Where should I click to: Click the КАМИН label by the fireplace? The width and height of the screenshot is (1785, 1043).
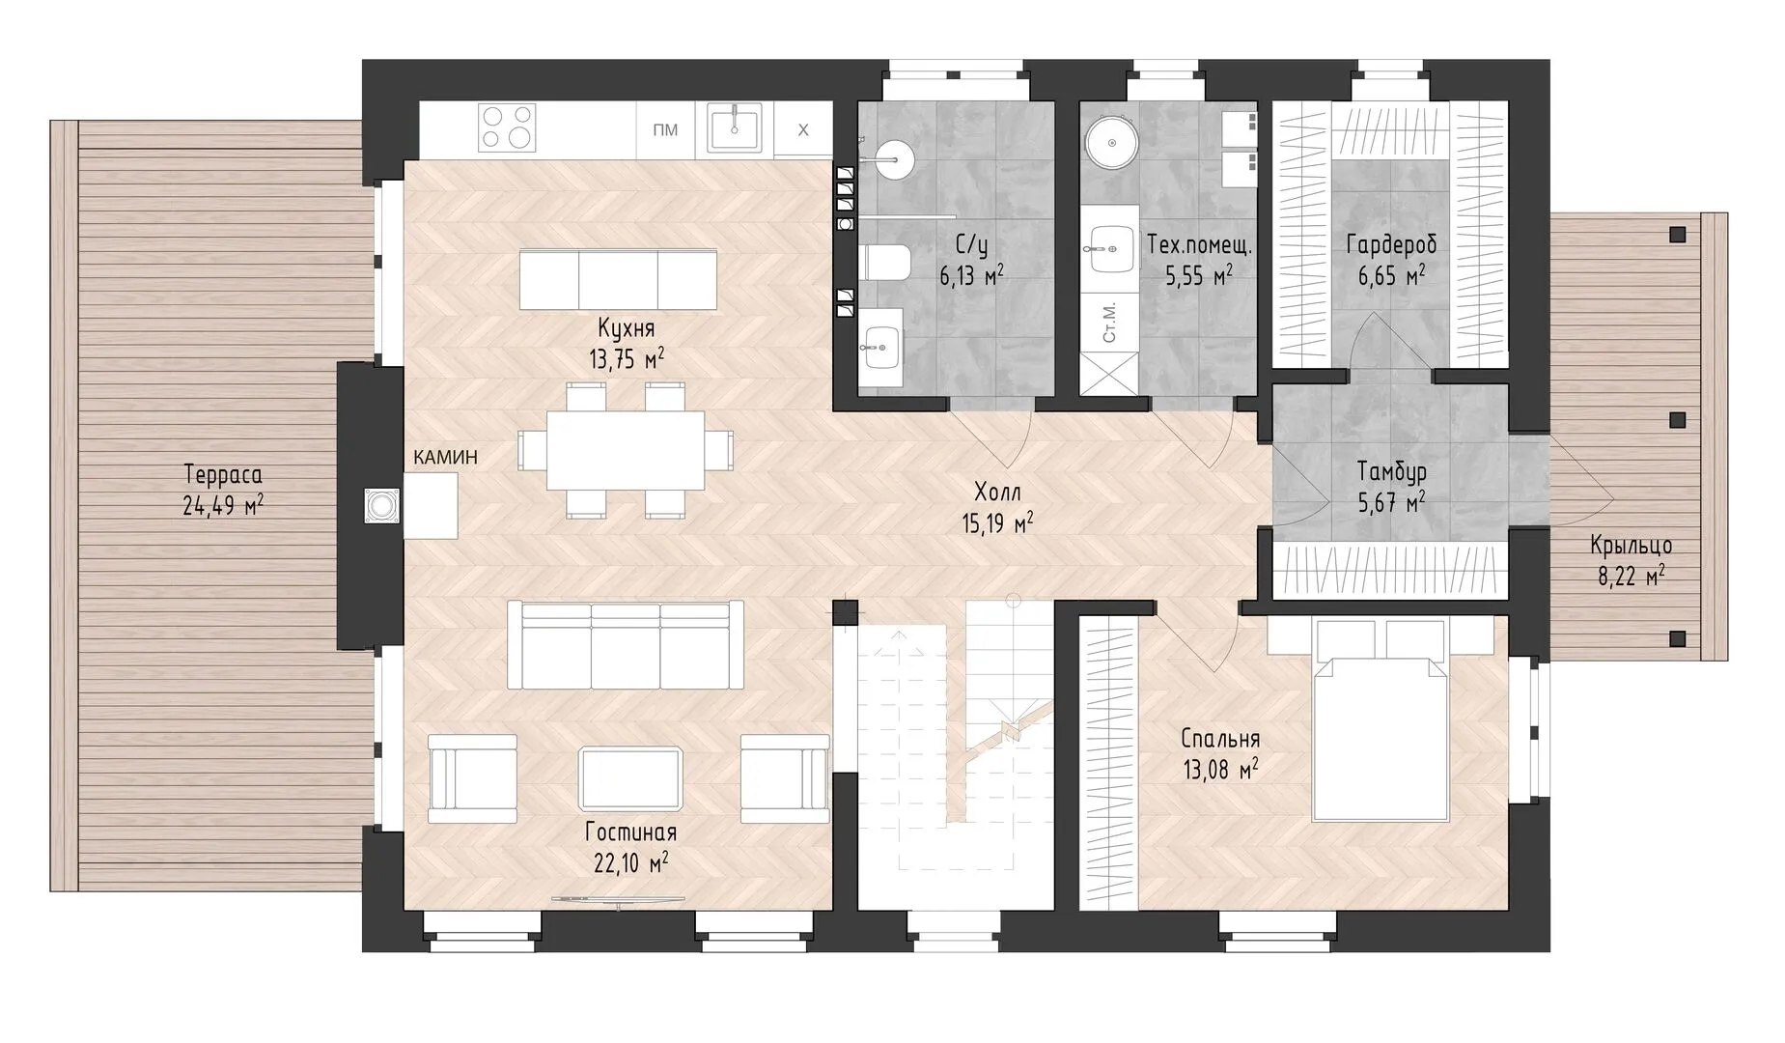tap(445, 458)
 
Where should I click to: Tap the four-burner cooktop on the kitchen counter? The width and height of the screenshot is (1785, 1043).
tap(508, 127)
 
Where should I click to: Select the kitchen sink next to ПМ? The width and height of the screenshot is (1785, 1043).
tap(734, 127)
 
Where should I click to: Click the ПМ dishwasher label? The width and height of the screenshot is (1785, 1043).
tap(665, 130)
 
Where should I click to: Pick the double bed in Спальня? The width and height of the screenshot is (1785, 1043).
tap(1381, 720)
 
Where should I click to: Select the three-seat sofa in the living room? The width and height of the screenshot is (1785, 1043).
tap(626, 644)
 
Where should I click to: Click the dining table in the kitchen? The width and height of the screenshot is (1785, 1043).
tap(626, 451)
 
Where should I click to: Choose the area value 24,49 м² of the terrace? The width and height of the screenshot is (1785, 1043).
tap(223, 505)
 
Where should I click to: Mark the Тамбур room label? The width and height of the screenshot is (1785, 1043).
tap(1391, 472)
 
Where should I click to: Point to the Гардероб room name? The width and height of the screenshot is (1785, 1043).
tap(1391, 245)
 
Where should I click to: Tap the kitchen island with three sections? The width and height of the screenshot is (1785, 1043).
tap(619, 280)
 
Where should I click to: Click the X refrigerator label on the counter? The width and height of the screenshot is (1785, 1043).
tap(802, 130)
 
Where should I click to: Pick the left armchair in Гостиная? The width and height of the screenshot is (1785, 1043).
tap(472, 777)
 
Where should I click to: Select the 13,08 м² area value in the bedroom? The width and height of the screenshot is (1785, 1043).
tap(1220, 771)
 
